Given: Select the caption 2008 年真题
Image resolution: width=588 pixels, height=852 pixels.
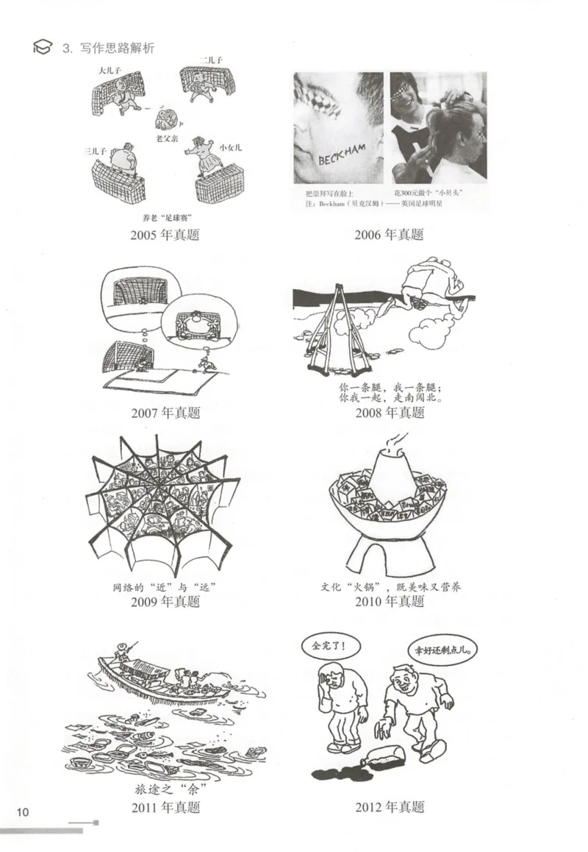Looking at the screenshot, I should pos(390,412).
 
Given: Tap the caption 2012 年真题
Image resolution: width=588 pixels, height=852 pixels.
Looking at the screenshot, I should pos(390,806).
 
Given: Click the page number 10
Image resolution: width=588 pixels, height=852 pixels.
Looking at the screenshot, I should pos(22,812).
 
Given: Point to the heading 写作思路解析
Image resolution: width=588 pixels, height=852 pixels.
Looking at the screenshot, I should pos(118,48).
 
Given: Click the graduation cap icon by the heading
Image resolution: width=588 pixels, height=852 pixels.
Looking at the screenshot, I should pos(43,48).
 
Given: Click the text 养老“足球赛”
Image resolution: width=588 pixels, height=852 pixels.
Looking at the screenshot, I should pos(165,218).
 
